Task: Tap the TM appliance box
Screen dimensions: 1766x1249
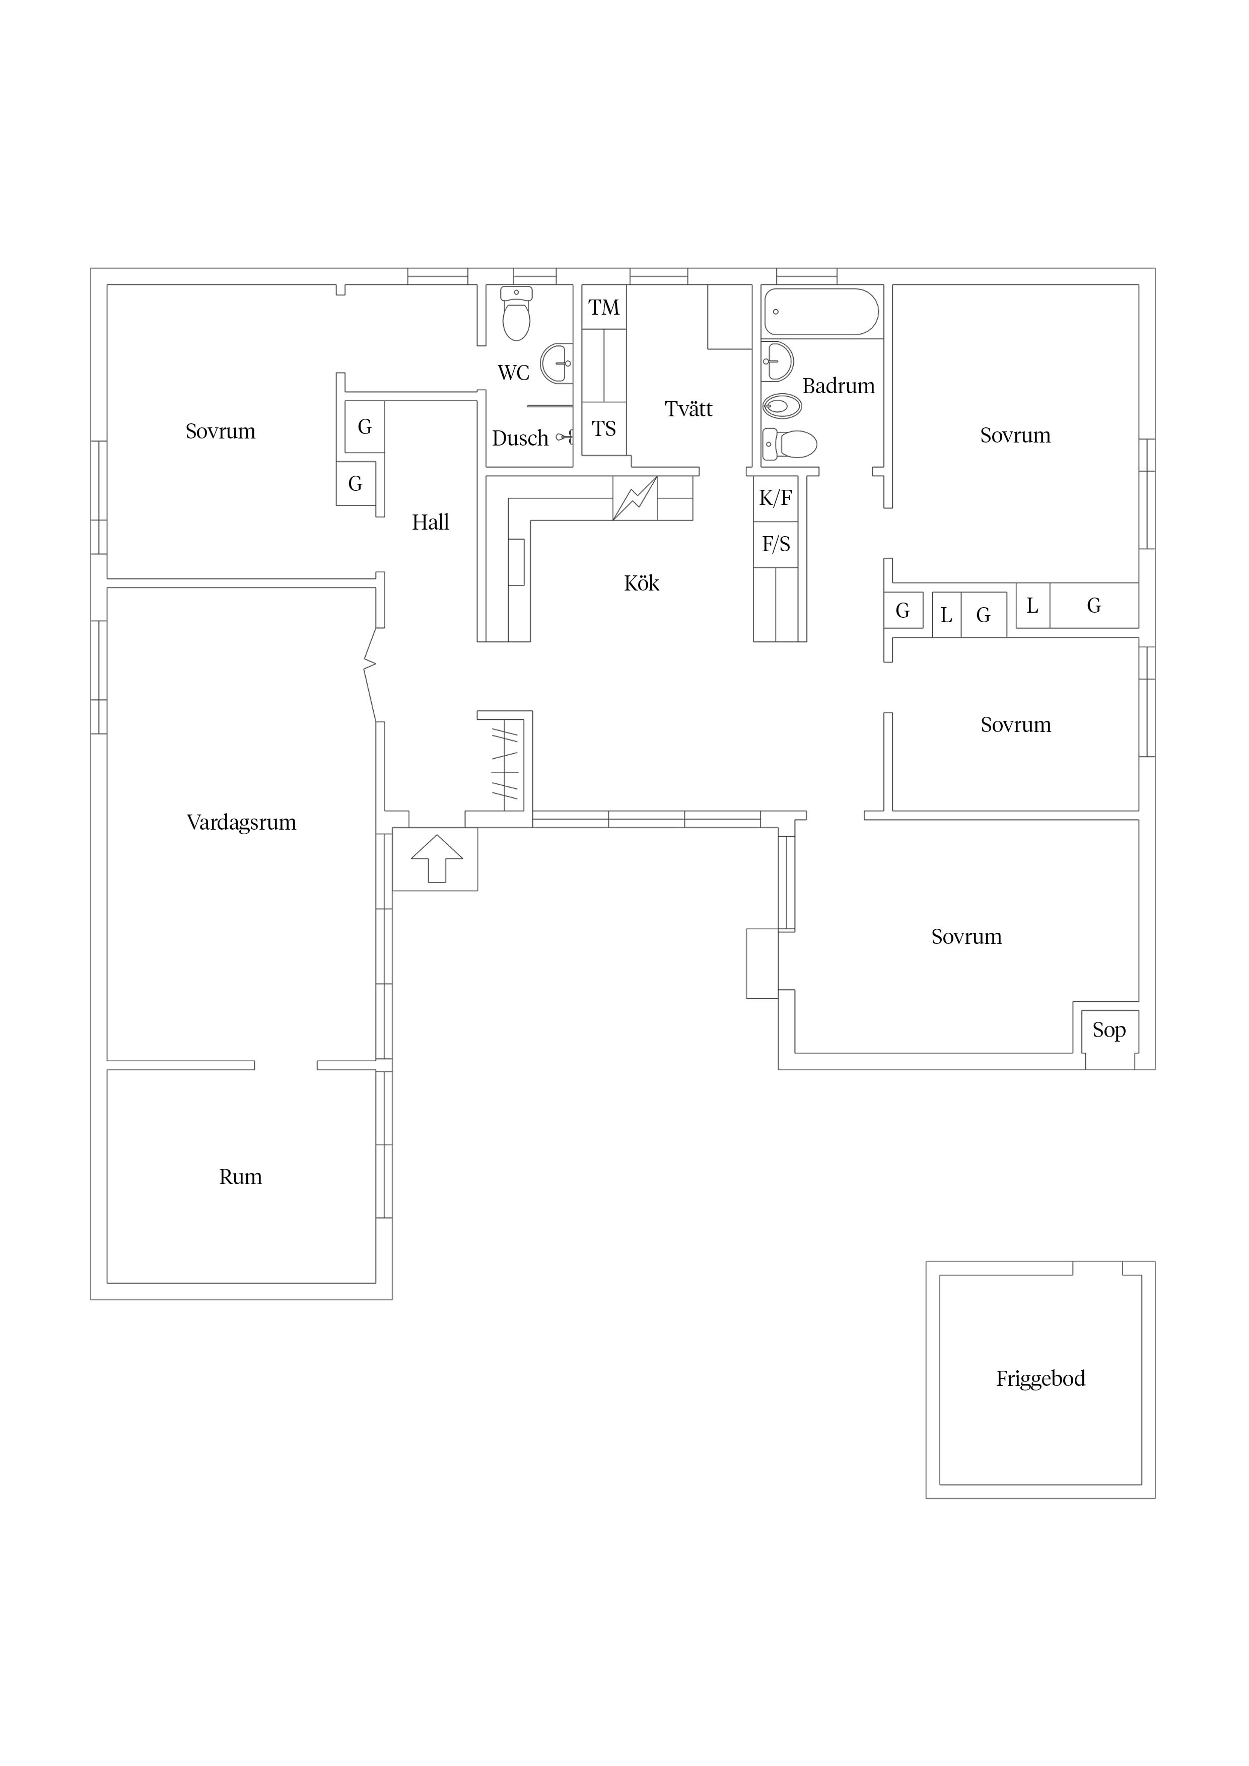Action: [x=604, y=308]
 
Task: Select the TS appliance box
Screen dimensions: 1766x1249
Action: [x=604, y=428]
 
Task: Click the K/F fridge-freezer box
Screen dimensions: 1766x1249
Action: [x=775, y=498]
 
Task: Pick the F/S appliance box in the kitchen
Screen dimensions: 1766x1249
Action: [x=775, y=545]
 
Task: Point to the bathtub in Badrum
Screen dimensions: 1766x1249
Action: [x=821, y=312]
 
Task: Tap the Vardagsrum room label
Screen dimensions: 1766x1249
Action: [x=241, y=822]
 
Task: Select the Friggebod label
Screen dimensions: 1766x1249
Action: [x=1040, y=1378]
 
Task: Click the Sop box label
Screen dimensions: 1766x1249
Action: [x=1109, y=1030]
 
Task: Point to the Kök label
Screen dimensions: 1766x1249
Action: [x=641, y=583]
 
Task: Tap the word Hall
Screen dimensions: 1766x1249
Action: [x=430, y=522]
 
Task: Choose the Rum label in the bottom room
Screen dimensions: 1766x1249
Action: [x=240, y=1177]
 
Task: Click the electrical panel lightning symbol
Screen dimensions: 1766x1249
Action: [x=635, y=498]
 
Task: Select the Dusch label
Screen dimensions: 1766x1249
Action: [x=520, y=438]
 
